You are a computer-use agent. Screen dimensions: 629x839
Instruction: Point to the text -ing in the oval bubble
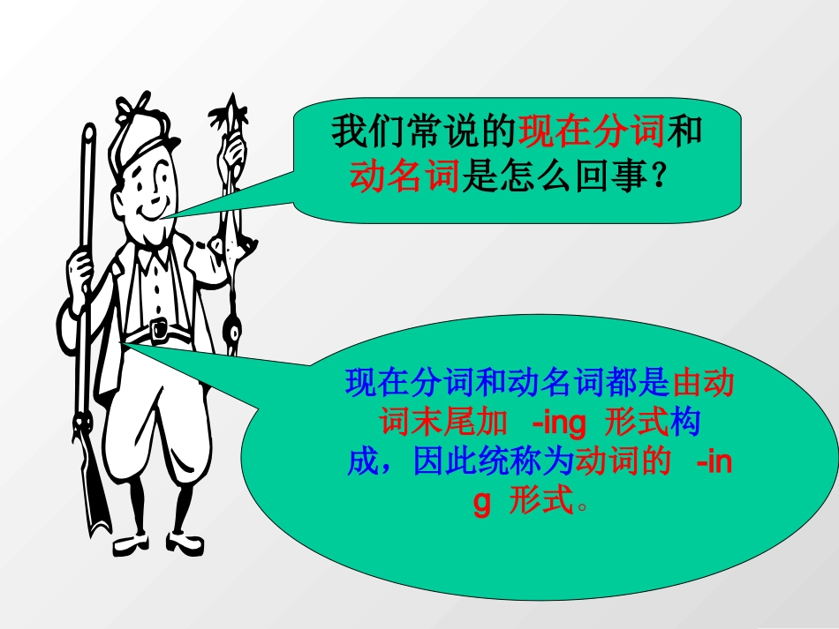pos(560,424)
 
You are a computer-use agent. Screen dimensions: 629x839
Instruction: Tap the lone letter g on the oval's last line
pos(481,503)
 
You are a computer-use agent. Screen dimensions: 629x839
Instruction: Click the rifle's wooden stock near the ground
pos(94,494)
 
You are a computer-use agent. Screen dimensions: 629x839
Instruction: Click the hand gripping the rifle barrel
pos(81,265)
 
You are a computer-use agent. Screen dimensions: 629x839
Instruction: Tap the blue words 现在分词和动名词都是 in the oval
pos(508,385)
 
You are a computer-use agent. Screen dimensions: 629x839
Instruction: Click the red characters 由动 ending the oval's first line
pos(703,385)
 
